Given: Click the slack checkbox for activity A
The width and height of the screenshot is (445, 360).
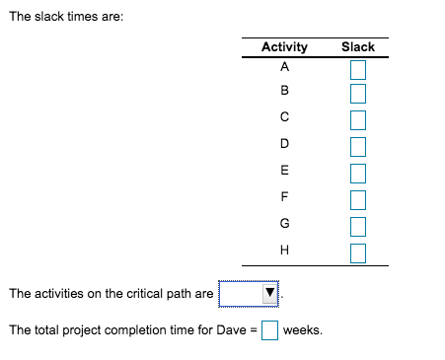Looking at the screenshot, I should pyautogui.click(x=357, y=69).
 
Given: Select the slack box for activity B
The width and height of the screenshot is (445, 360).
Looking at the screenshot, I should pyautogui.click(x=357, y=94).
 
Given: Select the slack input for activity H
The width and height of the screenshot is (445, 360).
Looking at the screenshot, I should pyautogui.click(x=357, y=251).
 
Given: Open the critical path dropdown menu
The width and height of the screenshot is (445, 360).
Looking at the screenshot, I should pyautogui.click(x=251, y=294).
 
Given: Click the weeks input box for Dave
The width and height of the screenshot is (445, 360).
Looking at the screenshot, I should pyautogui.click(x=269, y=329).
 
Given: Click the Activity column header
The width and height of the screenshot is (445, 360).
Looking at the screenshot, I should pyautogui.click(x=284, y=46).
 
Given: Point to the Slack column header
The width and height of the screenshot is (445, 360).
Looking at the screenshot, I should pyautogui.click(x=357, y=46).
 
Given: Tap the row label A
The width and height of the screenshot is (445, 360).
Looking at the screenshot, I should pyautogui.click(x=284, y=68).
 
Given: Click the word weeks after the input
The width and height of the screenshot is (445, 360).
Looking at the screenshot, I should pyautogui.click(x=302, y=329).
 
